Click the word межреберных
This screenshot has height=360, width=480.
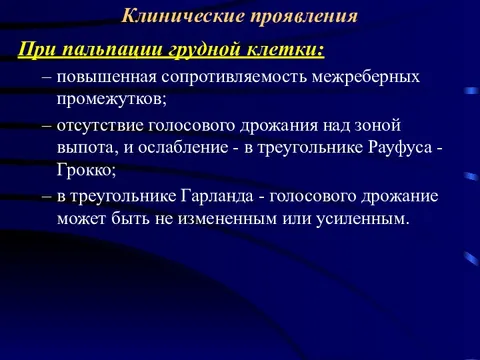[370, 76]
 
